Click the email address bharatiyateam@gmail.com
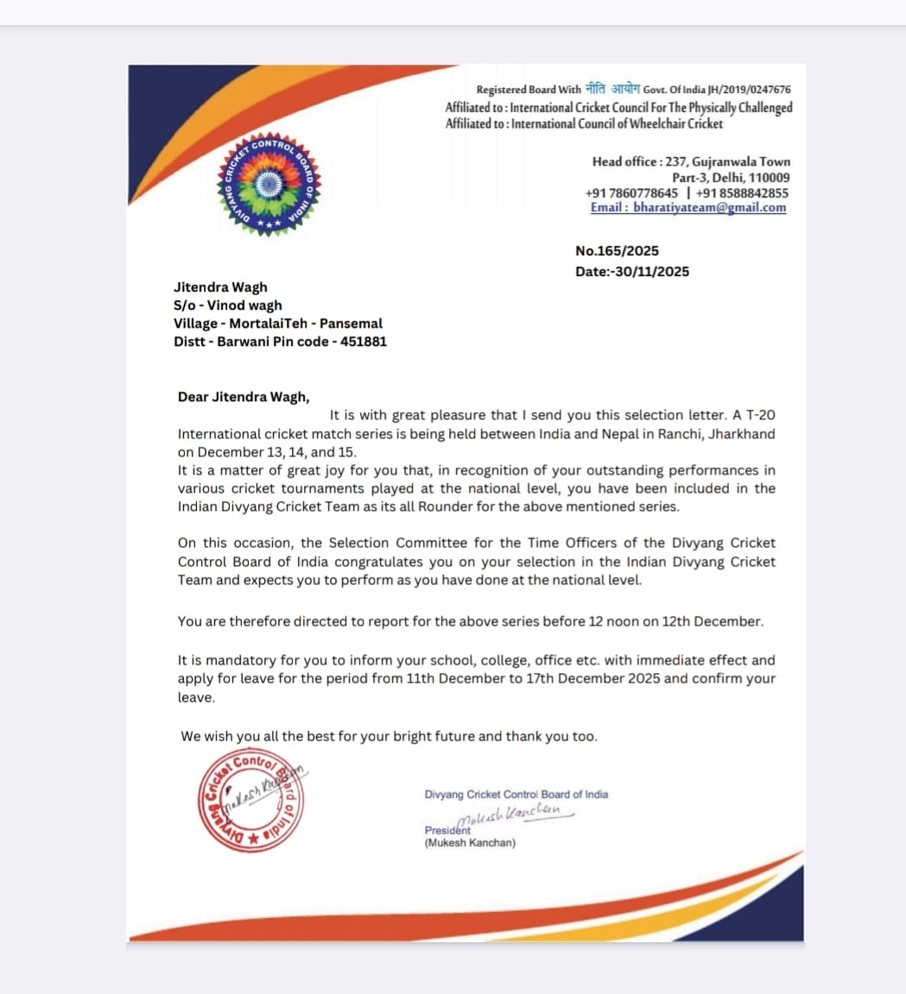709,208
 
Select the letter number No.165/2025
617,251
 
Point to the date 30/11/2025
651,272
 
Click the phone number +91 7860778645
631,193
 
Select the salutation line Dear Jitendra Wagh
243,398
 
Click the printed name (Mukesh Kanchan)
470,843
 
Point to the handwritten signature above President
509,814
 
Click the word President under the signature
447,830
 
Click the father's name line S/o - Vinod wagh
227,305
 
